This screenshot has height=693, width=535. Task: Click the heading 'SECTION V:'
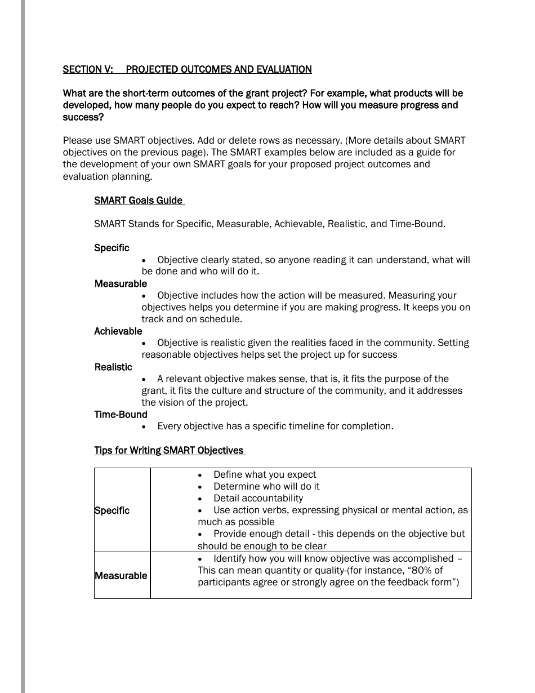[88, 69]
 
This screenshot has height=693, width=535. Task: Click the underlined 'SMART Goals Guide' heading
[139, 201]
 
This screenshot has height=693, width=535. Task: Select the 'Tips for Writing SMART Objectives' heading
[169, 450]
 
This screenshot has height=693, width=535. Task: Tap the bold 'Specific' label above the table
[112, 248]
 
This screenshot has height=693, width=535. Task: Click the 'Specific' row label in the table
[112, 510]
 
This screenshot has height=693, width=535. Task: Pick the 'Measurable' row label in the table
[121, 576]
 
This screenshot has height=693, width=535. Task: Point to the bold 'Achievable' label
[118, 331]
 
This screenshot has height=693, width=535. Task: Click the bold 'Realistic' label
[113, 367]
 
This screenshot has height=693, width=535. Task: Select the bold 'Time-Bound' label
[121, 414]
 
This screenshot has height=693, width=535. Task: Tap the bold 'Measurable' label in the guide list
[121, 283]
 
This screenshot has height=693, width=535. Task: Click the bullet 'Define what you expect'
[265, 474]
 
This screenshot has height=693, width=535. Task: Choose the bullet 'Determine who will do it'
[266, 486]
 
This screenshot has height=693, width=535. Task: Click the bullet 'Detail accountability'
[258, 498]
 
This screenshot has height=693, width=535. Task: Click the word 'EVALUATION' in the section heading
[283, 69]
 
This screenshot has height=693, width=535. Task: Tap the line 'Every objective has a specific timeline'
[275, 426]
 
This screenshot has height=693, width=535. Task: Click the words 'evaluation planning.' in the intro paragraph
[108, 176]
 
